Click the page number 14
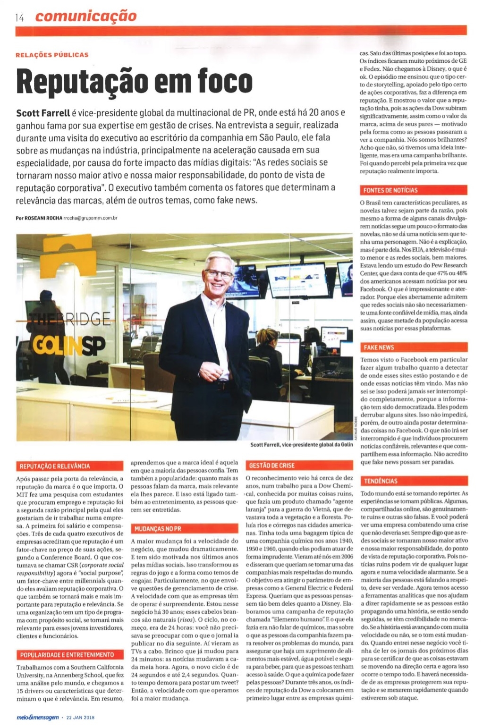(x=19, y=17)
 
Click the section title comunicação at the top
(x=85, y=17)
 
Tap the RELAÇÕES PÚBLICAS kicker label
(x=52, y=55)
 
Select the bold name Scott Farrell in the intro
(x=43, y=113)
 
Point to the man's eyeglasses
(x=219, y=273)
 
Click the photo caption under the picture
(x=301, y=444)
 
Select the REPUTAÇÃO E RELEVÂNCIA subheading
(x=55, y=466)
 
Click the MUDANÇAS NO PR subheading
(x=158, y=528)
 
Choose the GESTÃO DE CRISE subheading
(x=272, y=466)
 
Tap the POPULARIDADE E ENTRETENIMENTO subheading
(x=67, y=655)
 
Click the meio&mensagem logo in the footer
(x=37, y=717)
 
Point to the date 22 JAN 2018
(x=81, y=717)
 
